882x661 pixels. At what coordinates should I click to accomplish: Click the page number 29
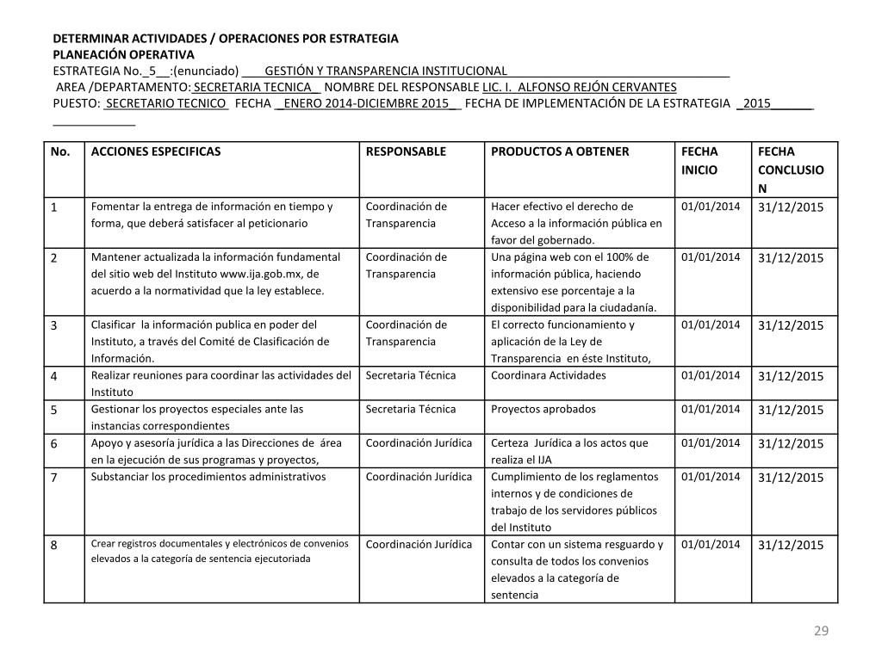coord(821,632)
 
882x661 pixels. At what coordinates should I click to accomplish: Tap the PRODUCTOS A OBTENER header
coord(560,151)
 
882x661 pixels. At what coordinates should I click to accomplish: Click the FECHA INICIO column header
coord(699,161)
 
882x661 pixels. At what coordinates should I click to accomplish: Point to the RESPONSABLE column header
coord(406,151)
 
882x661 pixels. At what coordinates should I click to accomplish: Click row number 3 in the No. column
coord(53,325)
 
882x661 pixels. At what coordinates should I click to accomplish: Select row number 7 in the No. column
coord(53,478)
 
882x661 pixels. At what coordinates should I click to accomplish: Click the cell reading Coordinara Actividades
coord(548,375)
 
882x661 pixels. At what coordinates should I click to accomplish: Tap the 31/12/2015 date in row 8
coord(791,545)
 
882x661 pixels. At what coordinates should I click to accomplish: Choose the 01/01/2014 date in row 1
coord(710,207)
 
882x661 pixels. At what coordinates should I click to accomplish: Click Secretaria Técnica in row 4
coord(411,375)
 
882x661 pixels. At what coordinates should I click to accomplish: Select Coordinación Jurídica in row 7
coord(419,477)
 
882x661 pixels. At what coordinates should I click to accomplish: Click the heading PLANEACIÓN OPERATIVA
coord(124,54)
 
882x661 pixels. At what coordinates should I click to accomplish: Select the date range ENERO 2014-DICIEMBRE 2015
coord(367,103)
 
